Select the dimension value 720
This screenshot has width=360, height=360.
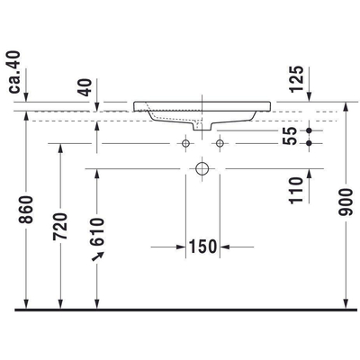(60, 230)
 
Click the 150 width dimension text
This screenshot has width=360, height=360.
(203, 245)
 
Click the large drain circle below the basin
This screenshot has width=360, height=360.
(202, 167)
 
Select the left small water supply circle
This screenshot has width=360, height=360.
(186, 142)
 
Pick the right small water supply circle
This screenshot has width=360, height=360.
(219, 142)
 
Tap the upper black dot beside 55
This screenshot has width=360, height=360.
(309, 130)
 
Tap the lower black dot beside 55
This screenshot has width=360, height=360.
(309, 142)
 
